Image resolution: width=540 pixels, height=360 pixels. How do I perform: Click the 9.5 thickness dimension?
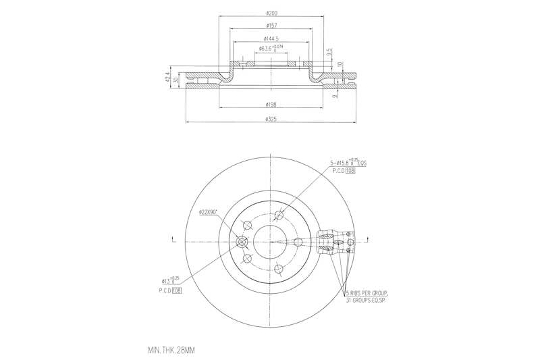[329, 51]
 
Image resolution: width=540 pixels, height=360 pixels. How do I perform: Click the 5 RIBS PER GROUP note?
[367, 294]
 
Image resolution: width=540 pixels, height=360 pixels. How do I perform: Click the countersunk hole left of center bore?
[242, 242]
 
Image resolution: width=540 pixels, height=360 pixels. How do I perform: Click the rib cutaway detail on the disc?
[332, 241]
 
